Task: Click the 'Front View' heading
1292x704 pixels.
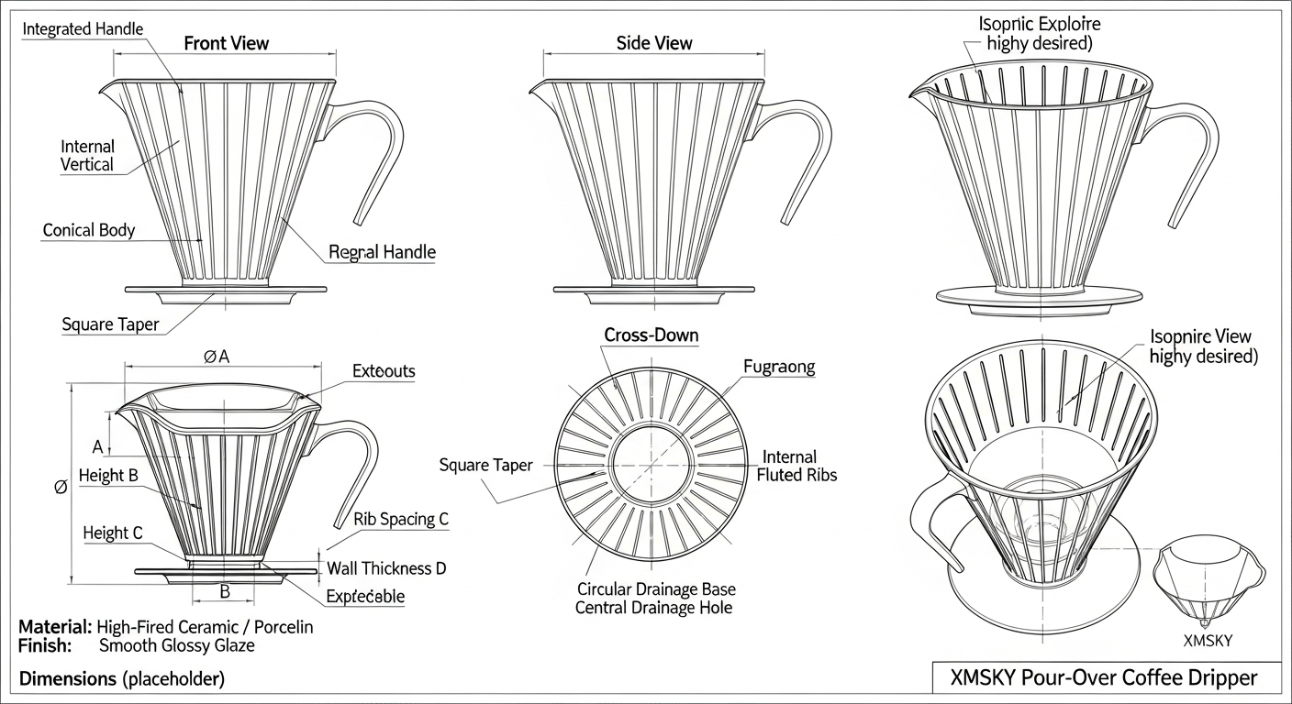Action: point(226,43)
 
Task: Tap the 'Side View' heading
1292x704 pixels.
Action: point(654,43)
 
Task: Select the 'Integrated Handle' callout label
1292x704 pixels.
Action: point(83,28)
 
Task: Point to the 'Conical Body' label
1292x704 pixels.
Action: point(88,230)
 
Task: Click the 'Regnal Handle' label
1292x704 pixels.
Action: point(382,252)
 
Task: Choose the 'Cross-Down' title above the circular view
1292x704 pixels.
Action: point(651,335)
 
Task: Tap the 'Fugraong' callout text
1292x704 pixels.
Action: point(778,368)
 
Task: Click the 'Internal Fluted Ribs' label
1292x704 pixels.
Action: point(796,466)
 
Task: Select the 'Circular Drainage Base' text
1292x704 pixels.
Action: point(656,588)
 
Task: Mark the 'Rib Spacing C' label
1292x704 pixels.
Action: point(401,519)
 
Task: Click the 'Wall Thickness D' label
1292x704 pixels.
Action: point(386,568)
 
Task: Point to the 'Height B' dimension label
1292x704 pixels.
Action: point(108,475)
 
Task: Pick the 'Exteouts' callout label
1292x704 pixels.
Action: point(384,371)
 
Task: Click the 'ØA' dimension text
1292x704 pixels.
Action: point(217,357)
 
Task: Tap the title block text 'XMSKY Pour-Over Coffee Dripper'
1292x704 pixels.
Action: point(1105,678)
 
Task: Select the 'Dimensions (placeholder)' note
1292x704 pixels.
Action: point(121,679)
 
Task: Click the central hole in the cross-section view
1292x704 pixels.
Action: point(652,465)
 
